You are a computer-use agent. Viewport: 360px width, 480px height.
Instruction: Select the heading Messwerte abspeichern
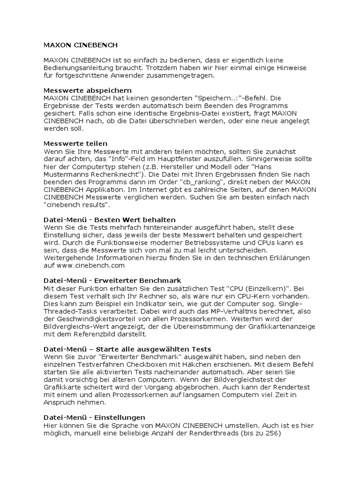[x=88, y=90]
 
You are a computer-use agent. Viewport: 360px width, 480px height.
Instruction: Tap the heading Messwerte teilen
[x=75, y=143]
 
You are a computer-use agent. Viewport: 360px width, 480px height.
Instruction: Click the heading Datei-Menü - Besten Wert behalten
[x=110, y=219]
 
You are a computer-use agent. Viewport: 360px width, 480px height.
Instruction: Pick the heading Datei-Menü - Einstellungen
[x=94, y=418]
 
